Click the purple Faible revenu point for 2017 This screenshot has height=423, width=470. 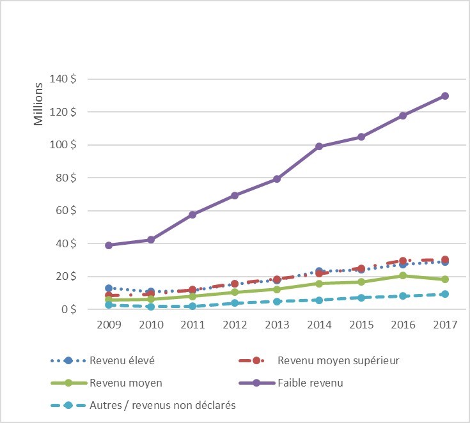tap(444, 96)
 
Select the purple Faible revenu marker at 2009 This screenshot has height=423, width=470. tap(109, 245)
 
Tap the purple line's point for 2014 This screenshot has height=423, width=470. tap(318, 146)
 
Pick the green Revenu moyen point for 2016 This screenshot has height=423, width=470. tap(402, 275)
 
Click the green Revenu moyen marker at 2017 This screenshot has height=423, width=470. tap(444, 279)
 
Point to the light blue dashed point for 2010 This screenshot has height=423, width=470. tap(151, 307)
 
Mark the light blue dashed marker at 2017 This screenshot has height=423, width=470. tap(444, 294)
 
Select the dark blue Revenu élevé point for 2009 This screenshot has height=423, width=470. tap(109, 288)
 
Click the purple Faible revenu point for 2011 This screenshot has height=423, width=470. tap(192, 214)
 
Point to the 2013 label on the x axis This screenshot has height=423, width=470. tap(276, 324)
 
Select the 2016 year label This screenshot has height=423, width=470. tap(402, 324)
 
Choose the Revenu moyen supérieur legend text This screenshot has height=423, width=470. tap(338, 360)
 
